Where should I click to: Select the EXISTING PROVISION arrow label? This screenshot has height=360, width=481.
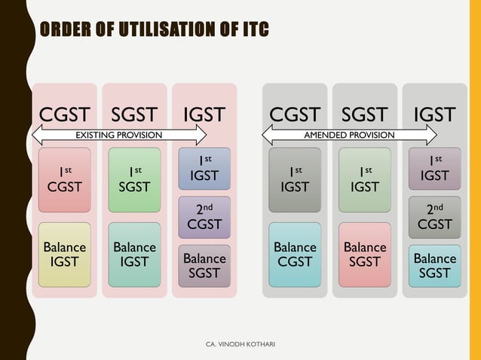(x=119, y=136)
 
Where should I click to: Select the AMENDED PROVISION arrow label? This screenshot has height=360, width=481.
(x=349, y=136)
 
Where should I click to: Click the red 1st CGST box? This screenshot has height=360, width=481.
(x=65, y=178)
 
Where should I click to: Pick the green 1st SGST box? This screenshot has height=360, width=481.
(x=134, y=178)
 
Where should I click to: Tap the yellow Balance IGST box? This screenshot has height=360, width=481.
(x=65, y=254)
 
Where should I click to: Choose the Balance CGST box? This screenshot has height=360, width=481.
(x=295, y=254)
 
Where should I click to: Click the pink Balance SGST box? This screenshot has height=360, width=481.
(x=365, y=254)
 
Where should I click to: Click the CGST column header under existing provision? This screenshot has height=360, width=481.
(x=65, y=114)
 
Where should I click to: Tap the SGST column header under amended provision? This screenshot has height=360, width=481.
(x=365, y=114)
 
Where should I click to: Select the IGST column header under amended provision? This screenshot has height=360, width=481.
(x=435, y=114)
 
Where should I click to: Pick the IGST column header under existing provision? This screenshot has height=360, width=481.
(x=204, y=114)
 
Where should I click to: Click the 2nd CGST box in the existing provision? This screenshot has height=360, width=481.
(x=204, y=216)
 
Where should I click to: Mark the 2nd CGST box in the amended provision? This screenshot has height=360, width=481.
(x=435, y=216)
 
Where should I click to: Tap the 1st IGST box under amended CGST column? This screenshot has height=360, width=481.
(x=295, y=178)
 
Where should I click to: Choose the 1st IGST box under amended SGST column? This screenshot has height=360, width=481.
(x=365, y=178)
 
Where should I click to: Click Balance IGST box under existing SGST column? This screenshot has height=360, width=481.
(x=134, y=254)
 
